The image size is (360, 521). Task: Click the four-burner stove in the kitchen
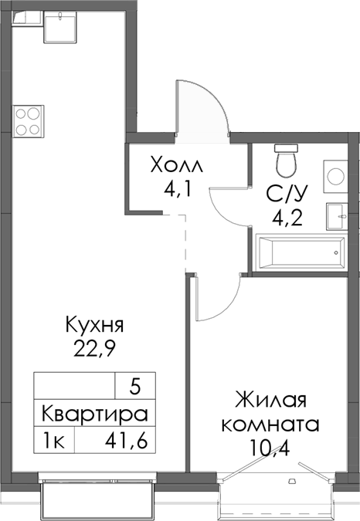pyautogui.click(x=29, y=120)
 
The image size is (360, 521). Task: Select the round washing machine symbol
pyautogui.click(x=337, y=176)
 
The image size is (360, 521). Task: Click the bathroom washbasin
pyautogui.click(x=338, y=214)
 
